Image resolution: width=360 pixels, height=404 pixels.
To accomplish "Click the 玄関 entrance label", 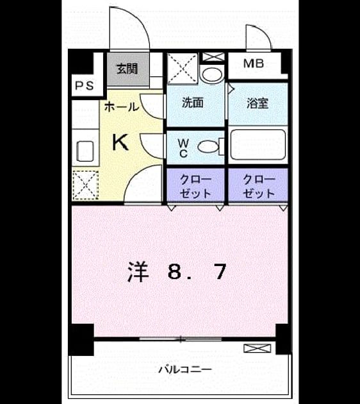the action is pos(127,69).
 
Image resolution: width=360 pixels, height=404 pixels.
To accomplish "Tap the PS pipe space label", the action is pos(85,85).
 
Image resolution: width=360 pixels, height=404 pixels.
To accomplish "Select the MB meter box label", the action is pos(254,63).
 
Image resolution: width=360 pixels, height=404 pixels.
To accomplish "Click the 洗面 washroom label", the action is pos(193,103).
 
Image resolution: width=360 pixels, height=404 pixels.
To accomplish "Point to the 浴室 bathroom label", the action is pos(258,103).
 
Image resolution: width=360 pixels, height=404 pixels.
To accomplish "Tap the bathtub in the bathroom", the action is pos(258,144).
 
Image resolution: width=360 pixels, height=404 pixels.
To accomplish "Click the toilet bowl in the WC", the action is pos(208,147).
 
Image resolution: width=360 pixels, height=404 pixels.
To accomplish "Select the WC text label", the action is pos(183,148).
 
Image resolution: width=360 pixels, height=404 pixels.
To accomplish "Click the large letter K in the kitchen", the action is pos(120,143).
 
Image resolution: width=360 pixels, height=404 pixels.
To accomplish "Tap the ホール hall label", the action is pos(122,106).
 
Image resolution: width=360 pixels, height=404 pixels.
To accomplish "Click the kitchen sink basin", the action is pos(85,151).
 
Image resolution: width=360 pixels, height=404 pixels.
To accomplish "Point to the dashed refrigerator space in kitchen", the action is pos(85,185).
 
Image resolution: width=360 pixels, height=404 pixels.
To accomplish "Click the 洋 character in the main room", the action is pos(138,271).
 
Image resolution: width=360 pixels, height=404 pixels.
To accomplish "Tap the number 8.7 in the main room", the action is pos(197,272).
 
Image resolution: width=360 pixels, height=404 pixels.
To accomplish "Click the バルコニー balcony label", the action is pos(185,370).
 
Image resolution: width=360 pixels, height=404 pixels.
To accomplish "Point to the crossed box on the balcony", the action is pos(258,348).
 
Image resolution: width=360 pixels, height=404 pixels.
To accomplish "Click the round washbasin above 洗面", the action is pos(212,75).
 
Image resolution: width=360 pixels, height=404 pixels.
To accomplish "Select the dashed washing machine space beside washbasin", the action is pos(182,69).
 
